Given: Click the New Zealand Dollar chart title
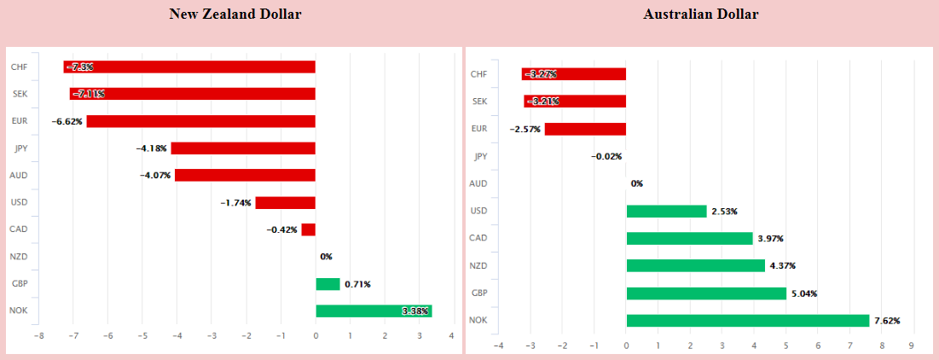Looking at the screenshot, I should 235,14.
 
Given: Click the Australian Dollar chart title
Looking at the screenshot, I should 700,14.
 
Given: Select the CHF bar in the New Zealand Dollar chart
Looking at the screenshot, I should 189,67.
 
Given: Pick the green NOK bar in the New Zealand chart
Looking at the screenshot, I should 374,311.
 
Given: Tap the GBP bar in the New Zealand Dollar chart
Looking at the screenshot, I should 327,284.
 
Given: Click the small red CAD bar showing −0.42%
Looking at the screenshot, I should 308,229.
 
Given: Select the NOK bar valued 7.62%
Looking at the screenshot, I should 747,321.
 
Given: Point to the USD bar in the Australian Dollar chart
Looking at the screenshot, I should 666,211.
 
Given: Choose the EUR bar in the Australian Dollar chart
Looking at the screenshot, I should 585,129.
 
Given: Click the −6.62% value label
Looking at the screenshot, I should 67,121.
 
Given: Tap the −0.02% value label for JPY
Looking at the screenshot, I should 606,156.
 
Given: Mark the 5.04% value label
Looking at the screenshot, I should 804,293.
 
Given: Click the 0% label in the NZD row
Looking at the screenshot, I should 326,257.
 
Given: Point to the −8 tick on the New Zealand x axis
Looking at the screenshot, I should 38,335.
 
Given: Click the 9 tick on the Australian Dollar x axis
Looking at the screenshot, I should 912,345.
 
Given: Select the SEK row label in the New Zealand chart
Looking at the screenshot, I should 18,94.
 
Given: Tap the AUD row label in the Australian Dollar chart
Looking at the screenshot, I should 478,183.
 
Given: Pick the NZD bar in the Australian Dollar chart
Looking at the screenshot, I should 695,265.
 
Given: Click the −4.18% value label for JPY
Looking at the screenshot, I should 152,148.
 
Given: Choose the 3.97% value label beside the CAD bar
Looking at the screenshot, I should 770,238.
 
